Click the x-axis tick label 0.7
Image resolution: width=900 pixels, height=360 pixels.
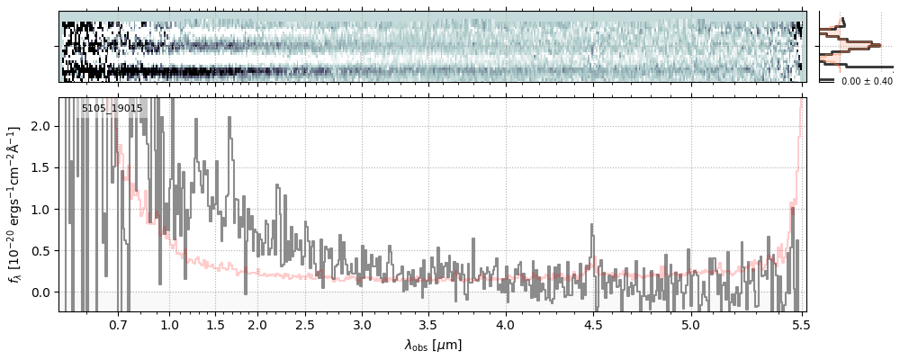click(119, 324)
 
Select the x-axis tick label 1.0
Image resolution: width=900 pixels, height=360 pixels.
click(169, 324)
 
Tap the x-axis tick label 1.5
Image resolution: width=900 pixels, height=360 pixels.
click(216, 324)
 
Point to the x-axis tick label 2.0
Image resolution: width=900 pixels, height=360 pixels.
click(257, 324)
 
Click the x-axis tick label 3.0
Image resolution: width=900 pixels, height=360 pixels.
click(362, 324)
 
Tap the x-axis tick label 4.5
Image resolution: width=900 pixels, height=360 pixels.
click(593, 324)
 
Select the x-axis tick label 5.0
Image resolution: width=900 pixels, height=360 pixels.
click(690, 324)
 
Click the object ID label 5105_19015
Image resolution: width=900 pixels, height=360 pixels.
click(112, 109)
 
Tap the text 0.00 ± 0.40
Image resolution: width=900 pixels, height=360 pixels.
click(867, 82)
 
